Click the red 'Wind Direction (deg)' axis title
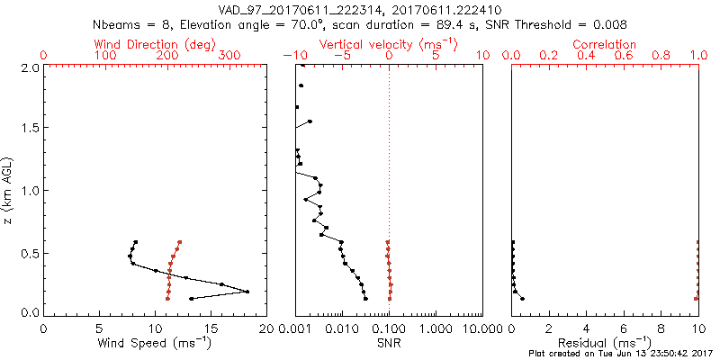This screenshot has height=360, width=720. [155, 44]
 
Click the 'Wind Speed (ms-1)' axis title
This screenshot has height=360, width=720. [155, 342]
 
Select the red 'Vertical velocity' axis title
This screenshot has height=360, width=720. [388, 44]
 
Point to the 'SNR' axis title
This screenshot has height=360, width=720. [389, 342]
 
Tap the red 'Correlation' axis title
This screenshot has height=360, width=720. [605, 44]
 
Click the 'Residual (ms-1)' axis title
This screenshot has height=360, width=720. [605, 342]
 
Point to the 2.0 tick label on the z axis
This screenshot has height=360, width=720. [29, 67]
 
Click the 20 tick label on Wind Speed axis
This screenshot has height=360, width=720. [265, 328]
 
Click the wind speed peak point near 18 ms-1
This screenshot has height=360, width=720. [247, 292]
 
